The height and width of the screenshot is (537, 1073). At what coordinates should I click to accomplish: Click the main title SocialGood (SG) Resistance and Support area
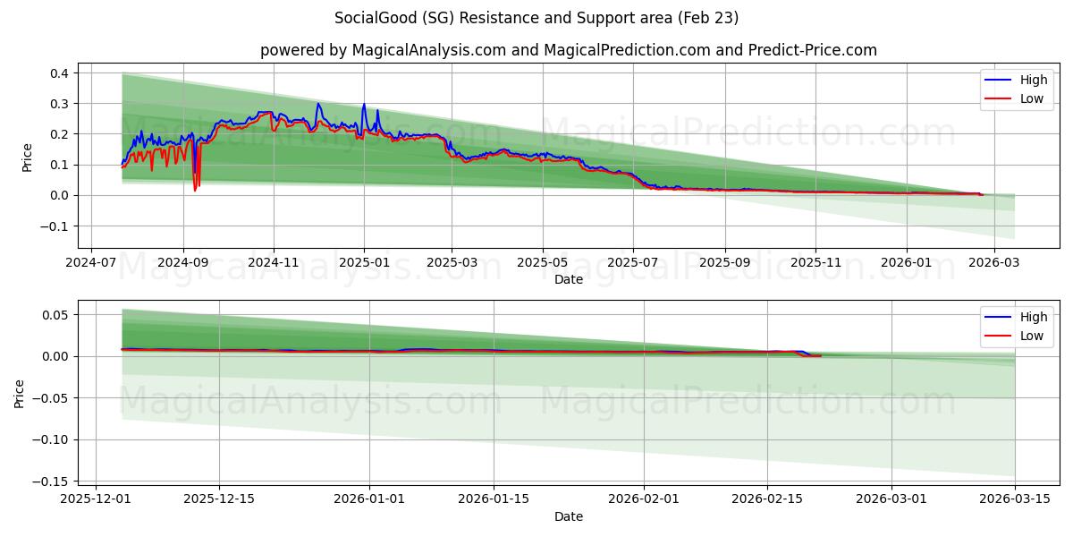click(x=536, y=18)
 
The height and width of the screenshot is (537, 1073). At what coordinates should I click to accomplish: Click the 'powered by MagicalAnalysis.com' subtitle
click(x=568, y=50)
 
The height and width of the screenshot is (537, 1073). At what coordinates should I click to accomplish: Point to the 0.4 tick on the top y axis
click(x=59, y=73)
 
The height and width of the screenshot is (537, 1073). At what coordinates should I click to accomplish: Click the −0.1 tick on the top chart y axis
click(x=55, y=226)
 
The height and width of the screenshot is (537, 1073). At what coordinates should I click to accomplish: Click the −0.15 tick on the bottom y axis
click(x=52, y=482)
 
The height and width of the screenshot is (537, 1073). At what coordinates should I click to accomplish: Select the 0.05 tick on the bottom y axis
click(x=55, y=315)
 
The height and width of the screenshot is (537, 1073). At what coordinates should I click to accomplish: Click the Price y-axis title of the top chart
click(x=28, y=157)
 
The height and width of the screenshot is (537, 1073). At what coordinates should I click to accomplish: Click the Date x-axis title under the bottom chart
click(x=568, y=516)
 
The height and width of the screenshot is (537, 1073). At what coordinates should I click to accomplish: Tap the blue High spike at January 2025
click(x=363, y=106)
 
